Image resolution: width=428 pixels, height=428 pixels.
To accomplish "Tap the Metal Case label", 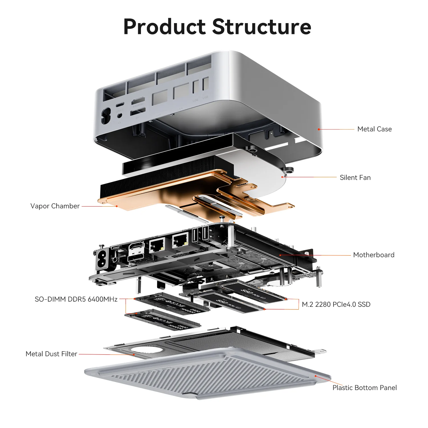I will (x=374, y=129).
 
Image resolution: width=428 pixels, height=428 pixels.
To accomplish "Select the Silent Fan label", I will (x=355, y=177).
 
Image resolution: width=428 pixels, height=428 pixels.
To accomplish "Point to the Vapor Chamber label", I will (x=55, y=206).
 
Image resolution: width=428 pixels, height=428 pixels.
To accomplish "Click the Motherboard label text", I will (x=374, y=255).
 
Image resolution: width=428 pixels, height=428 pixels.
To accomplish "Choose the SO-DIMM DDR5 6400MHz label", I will (x=76, y=299).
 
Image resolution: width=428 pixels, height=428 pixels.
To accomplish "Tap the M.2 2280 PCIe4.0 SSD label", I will (x=336, y=304).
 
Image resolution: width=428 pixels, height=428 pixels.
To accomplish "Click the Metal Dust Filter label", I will (x=51, y=354).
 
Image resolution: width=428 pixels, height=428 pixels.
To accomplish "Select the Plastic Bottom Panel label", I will (x=364, y=387).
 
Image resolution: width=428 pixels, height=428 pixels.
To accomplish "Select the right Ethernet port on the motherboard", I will (x=180, y=240).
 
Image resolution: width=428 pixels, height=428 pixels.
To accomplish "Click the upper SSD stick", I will (x=254, y=291).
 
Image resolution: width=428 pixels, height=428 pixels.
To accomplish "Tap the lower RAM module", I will (x=163, y=320).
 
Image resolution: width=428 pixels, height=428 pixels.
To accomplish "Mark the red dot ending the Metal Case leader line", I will (x=319, y=129).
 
